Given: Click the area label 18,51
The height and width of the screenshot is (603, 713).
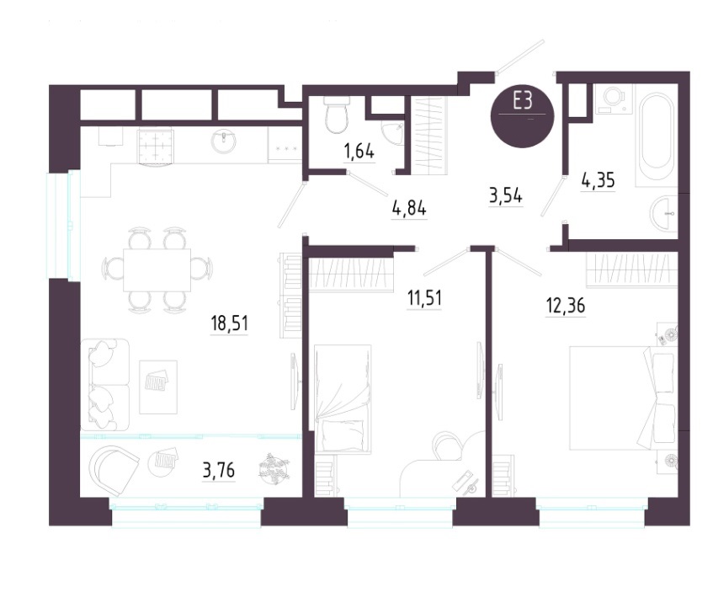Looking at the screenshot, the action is [x=229, y=323].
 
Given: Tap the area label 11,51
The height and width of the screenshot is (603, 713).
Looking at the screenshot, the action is [x=424, y=298].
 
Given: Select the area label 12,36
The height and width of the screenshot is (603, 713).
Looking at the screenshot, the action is [x=565, y=306].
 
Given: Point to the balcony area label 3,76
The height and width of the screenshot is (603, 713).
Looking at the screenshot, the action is [x=219, y=470].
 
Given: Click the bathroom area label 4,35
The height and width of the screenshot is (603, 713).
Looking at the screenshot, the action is [x=598, y=181].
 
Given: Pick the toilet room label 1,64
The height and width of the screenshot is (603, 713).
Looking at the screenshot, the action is [x=359, y=151].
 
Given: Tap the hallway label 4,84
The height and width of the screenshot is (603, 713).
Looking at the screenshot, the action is [x=409, y=208].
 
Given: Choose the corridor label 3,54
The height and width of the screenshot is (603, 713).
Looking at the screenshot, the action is [x=506, y=196].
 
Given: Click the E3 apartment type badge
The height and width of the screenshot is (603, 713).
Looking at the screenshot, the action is [x=522, y=116].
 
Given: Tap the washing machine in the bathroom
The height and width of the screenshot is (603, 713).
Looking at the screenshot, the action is [x=613, y=99].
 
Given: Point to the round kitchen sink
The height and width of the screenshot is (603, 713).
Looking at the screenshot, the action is [x=223, y=141].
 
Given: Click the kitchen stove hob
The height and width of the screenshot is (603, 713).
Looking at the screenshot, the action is [x=156, y=146].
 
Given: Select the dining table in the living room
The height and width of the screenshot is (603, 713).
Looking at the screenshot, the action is [x=157, y=269].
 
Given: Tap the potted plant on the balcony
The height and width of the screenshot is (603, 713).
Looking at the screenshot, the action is [x=274, y=468].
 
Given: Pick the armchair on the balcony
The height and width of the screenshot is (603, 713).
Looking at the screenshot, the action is [x=114, y=470].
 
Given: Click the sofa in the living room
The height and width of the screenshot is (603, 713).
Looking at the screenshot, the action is [x=105, y=383].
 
